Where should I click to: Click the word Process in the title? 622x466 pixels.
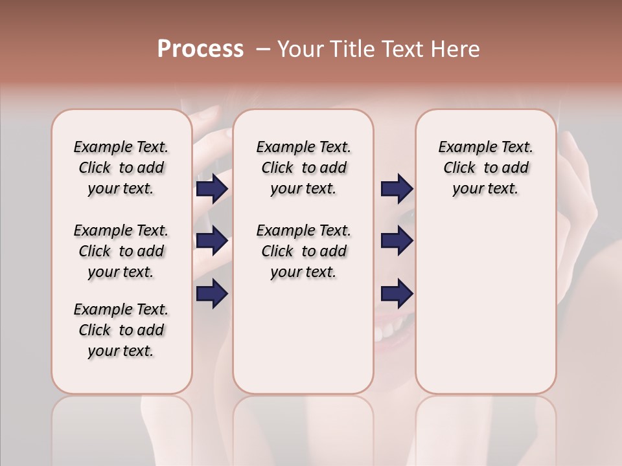point(200,49)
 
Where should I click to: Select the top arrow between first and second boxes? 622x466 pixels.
point(212,188)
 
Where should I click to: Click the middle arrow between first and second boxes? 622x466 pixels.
point(212,241)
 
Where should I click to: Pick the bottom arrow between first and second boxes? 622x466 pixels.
point(212,293)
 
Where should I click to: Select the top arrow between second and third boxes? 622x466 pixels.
point(397,188)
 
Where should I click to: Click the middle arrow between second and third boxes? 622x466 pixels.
point(397,241)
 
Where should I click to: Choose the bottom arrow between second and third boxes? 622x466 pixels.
point(397,293)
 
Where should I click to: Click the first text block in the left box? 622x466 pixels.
point(121,168)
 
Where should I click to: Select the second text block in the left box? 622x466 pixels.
point(121,251)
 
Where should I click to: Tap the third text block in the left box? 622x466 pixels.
point(121,330)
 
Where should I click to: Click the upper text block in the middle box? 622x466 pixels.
point(303,168)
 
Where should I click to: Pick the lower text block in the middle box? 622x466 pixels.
point(303,251)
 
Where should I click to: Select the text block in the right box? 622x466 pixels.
point(485,168)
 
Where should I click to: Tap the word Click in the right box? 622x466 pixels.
point(459,168)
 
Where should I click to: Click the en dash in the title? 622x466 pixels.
point(263,49)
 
